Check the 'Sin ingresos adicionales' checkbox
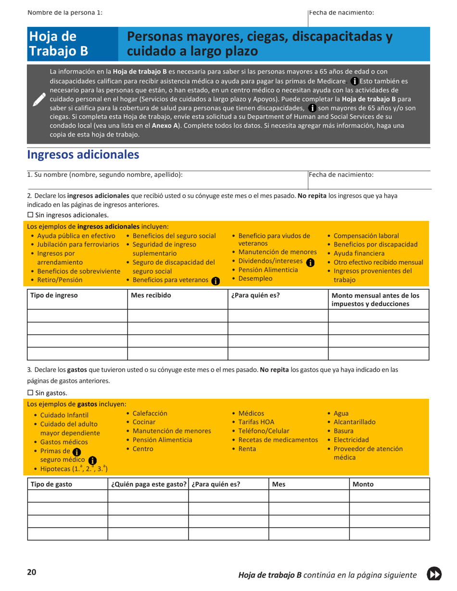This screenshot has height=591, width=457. click(30, 215)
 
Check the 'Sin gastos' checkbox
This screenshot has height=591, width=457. click(30, 393)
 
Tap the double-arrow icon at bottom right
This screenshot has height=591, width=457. click(434, 574)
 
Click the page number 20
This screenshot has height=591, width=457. click(32, 572)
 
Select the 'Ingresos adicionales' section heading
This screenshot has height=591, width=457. click(83, 155)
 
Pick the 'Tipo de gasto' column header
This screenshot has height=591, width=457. click(51, 484)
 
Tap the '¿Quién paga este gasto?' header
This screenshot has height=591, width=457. click(148, 484)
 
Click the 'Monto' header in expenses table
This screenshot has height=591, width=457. click(363, 484)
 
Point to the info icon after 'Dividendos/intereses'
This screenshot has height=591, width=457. click(310, 262)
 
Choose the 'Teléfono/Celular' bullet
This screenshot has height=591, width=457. click(264, 431)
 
